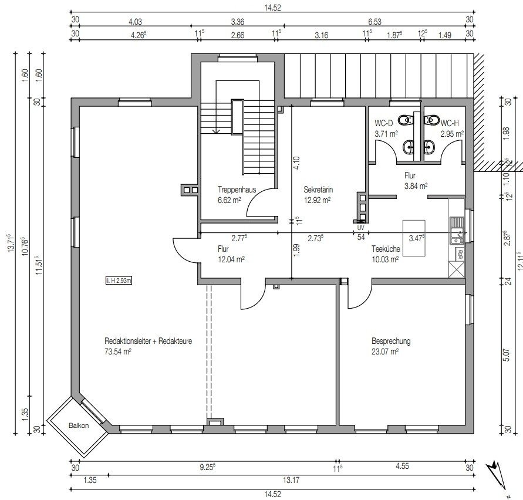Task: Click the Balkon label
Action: click(79, 425)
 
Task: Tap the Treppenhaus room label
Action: click(237, 190)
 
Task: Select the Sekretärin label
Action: click(318, 190)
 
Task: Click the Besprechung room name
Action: click(391, 341)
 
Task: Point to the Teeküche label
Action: click(386, 248)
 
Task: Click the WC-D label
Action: click(383, 123)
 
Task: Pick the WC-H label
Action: click(450, 123)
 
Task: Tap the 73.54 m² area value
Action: click(118, 352)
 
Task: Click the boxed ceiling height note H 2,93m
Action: click(119, 281)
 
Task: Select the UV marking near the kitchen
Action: click(360, 228)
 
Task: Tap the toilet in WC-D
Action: click(405, 120)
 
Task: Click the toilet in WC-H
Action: click(432, 120)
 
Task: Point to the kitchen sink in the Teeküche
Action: click(457, 231)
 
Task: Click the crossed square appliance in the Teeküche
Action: click(457, 269)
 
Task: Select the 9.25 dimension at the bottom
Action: click(207, 467)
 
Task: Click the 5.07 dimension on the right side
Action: click(507, 355)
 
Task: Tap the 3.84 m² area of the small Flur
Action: click(416, 186)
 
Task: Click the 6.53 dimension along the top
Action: click(374, 22)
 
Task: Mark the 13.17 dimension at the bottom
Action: click(291, 480)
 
